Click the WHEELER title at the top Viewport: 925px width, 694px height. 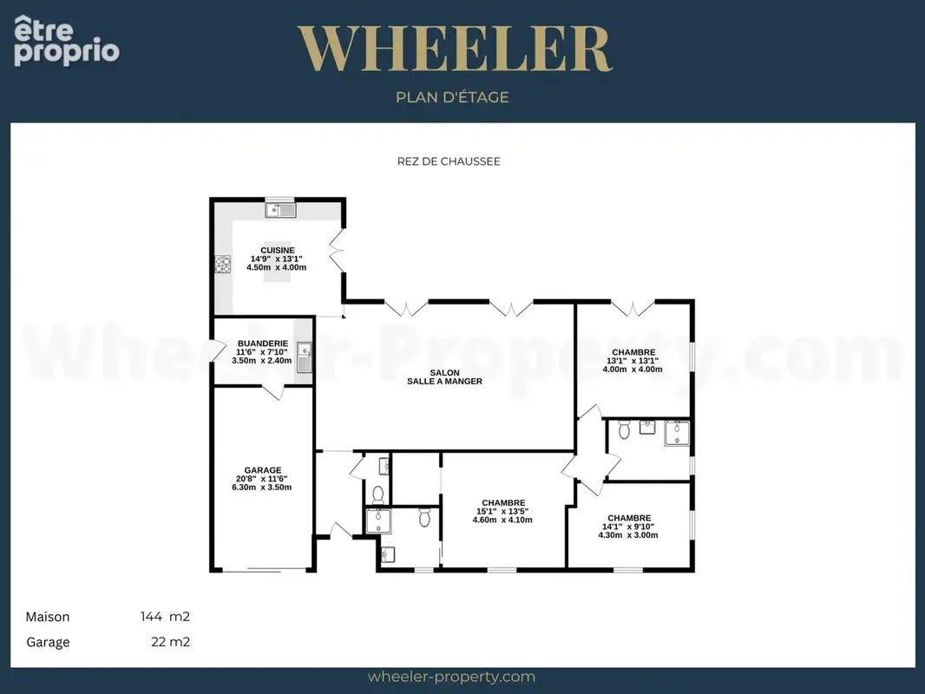[455, 49]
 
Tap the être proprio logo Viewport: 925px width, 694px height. [66, 40]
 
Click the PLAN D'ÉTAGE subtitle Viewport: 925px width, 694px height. [452, 97]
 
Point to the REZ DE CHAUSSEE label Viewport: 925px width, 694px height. [449, 161]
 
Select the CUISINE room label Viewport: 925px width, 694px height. [278, 250]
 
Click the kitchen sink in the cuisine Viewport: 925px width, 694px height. [280, 209]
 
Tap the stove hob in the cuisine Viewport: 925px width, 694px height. [222, 265]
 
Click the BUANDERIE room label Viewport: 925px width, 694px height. [263, 344]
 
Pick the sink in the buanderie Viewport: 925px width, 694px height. [304, 357]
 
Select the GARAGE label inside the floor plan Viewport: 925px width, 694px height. [263, 470]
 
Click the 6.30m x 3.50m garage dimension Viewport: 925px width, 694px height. [261, 487]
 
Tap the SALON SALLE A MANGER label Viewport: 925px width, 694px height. [445, 376]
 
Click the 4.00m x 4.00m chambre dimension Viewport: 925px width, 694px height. [633, 369]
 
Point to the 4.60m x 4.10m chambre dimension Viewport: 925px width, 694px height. [502, 520]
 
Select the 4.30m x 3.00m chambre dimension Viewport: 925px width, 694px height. [627, 534]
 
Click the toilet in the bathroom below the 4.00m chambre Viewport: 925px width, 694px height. [624, 429]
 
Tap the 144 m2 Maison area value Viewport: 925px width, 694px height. [165, 617]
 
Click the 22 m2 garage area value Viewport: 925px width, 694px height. [170, 642]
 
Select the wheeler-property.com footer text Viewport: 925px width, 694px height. [451, 677]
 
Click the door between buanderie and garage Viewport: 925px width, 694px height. [273, 392]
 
